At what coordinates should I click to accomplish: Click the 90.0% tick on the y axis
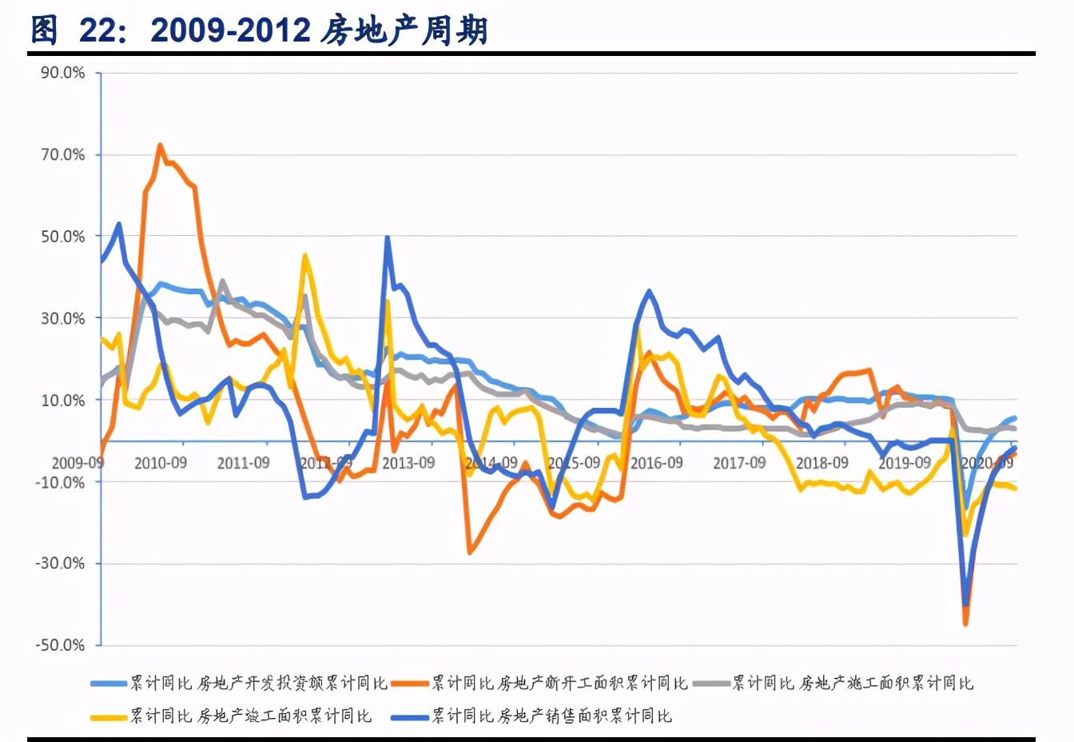[x=63, y=73]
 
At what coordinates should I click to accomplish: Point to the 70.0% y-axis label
[x=63, y=154]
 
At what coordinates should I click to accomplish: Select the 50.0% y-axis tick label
[x=63, y=237]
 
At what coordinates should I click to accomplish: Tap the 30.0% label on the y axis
[x=63, y=318]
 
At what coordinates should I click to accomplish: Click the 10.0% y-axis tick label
[x=63, y=401]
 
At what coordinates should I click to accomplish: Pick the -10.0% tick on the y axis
[x=60, y=482]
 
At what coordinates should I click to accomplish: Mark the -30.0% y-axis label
[x=60, y=564]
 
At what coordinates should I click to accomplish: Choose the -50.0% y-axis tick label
[x=60, y=645]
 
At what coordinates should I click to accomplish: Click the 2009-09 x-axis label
[x=78, y=463]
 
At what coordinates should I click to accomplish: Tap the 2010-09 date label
[x=161, y=463]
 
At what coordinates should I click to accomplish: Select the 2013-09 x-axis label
[x=408, y=463]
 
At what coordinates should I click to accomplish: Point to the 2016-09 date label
[x=657, y=463]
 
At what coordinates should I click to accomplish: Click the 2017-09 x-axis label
[x=739, y=463]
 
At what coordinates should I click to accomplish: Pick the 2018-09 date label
[x=822, y=463]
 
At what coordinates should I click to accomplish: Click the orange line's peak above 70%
[x=160, y=145]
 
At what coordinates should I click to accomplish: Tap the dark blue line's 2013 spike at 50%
[x=388, y=237]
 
